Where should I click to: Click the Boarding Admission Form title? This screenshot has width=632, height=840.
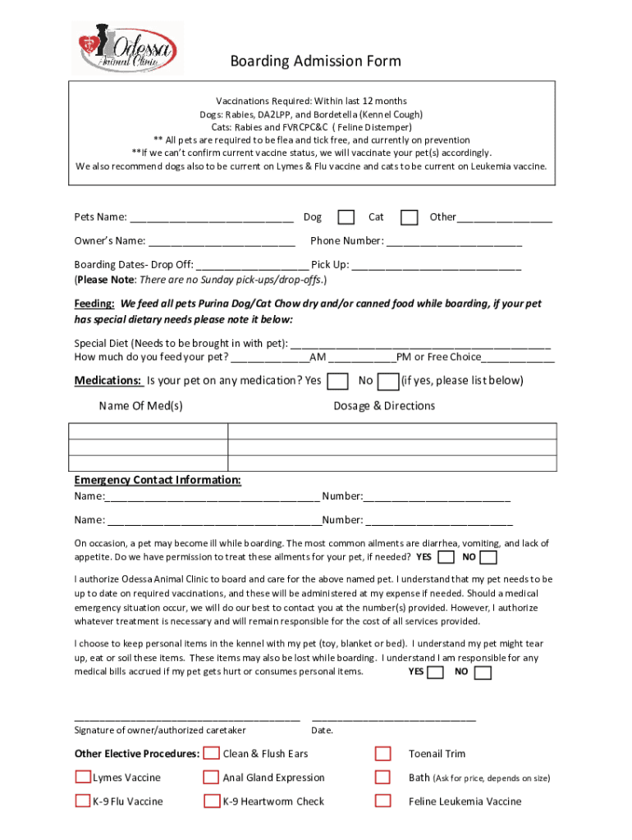(x=315, y=62)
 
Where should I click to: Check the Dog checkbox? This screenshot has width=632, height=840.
(x=346, y=217)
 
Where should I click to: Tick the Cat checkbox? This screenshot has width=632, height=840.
(x=409, y=217)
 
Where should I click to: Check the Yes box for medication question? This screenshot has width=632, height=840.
(x=337, y=381)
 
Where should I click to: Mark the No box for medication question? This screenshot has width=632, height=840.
(x=388, y=381)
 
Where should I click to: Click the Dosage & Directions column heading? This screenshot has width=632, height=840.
(x=384, y=406)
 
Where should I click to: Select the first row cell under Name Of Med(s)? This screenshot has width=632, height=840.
(x=149, y=432)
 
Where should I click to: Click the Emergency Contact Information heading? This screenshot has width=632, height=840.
(x=158, y=480)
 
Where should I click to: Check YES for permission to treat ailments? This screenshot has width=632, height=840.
(x=447, y=558)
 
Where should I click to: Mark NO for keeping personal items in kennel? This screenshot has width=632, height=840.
(x=483, y=673)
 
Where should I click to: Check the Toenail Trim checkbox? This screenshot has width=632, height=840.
(x=382, y=754)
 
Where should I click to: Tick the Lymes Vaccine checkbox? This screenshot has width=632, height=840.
(x=83, y=778)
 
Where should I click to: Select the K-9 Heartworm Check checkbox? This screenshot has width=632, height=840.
(x=211, y=801)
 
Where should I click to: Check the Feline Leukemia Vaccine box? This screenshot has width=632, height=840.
(x=382, y=801)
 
